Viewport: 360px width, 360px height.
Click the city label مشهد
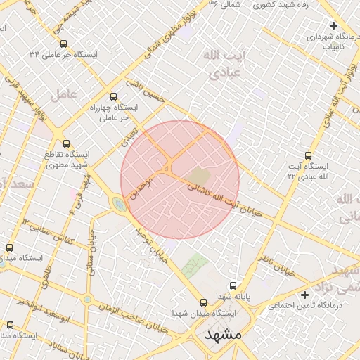(x=223, y=335)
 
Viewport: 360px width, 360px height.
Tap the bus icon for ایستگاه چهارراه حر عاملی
(x=115, y=97)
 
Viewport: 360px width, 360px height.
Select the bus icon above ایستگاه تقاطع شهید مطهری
(x=66, y=143)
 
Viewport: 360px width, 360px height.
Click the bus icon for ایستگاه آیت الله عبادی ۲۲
(x=308, y=155)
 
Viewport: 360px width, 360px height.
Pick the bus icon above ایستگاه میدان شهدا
(x=203, y=302)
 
